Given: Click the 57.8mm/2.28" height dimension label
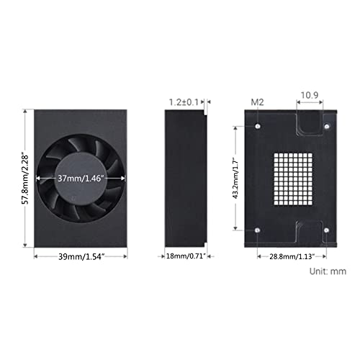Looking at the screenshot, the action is click(x=25, y=179).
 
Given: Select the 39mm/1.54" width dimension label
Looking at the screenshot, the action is click(x=81, y=256).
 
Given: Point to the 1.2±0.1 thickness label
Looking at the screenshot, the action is click(x=184, y=102).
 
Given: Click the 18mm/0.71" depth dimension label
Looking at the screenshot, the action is click(x=186, y=256).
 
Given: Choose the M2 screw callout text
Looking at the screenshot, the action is click(x=257, y=102).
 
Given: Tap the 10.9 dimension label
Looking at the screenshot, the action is click(x=310, y=95).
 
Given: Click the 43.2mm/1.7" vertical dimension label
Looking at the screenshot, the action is click(x=235, y=178).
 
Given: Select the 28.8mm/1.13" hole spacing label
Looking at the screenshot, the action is click(x=292, y=256).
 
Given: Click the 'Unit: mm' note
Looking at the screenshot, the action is click(x=328, y=271).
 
